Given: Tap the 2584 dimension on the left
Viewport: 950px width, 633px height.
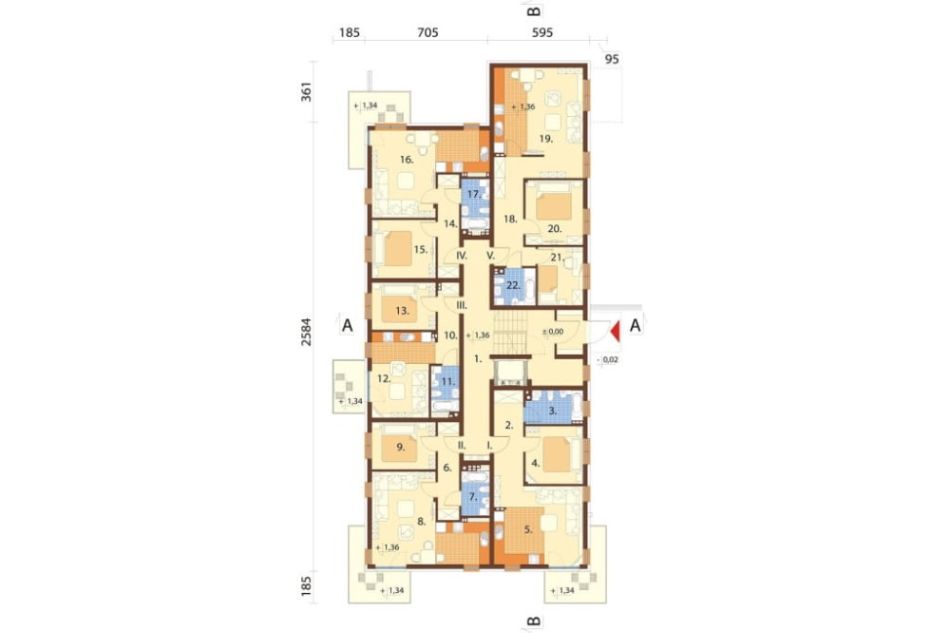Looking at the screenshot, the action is [x=307, y=333].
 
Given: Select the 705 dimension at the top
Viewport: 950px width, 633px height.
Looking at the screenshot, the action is [x=427, y=32].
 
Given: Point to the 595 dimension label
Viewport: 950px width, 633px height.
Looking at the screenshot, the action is [x=542, y=32].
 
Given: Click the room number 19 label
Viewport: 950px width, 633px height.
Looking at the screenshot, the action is [x=546, y=138].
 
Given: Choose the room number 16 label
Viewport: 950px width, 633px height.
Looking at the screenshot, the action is [x=407, y=160].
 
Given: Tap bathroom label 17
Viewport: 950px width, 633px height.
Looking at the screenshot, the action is [x=474, y=195].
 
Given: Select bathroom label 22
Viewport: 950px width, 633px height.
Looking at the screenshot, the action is [x=513, y=284].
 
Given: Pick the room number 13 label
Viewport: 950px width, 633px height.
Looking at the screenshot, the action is [x=402, y=311].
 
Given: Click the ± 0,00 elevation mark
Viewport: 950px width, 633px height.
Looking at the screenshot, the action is [x=552, y=332].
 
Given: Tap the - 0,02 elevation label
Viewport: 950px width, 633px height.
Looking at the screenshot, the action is [x=608, y=359].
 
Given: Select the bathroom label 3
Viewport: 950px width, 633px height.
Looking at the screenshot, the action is [x=552, y=411].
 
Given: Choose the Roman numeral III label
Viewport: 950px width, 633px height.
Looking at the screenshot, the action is [x=462, y=305].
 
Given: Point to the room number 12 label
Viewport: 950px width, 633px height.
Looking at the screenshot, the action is [x=384, y=378].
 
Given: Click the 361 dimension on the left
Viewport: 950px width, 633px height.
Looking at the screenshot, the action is [x=307, y=91].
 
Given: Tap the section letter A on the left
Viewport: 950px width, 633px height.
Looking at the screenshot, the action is [x=347, y=325].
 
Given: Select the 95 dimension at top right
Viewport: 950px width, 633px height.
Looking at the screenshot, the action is [x=612, y=59].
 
